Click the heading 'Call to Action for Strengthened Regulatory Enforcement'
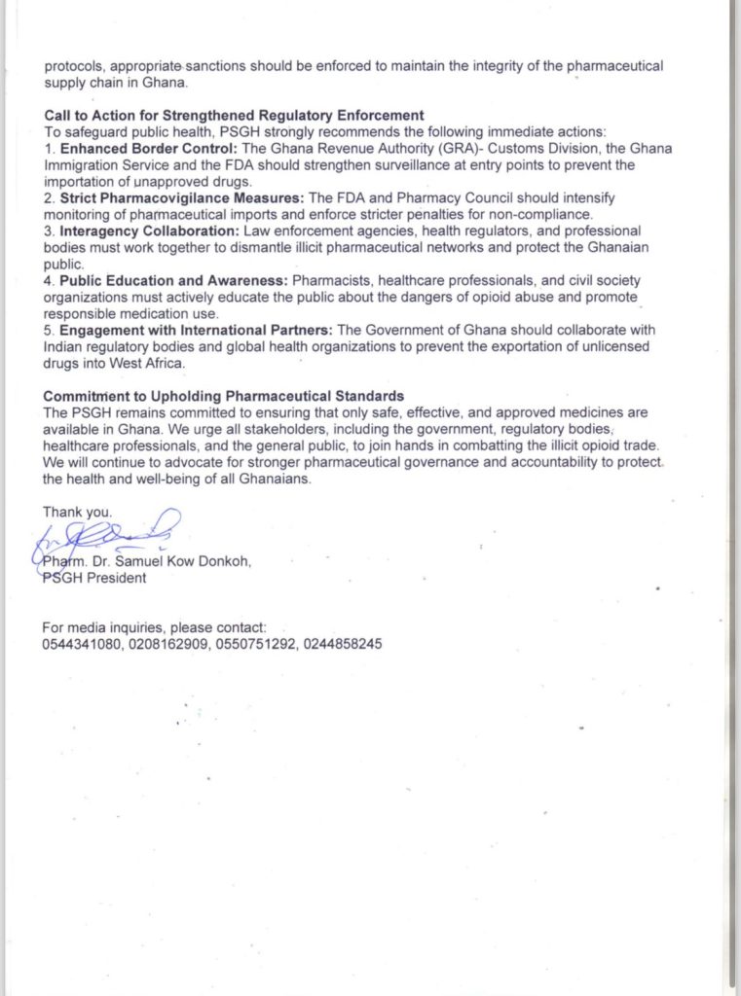234,115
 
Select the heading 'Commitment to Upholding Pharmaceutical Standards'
223,396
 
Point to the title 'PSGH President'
94,578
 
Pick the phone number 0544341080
82,644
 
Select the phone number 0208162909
167,644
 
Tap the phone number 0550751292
253,644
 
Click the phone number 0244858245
339,644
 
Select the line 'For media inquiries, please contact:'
154,627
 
